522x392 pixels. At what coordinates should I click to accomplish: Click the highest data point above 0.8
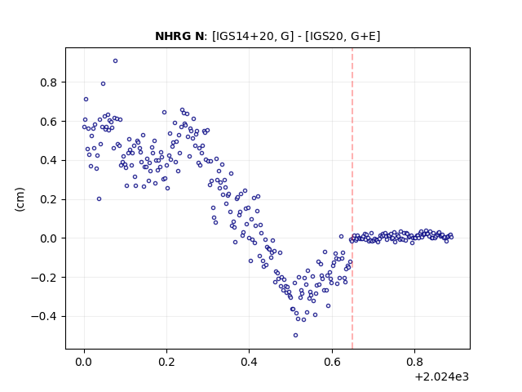coord(115,61)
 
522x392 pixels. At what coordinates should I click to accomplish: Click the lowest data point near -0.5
coord(295,336)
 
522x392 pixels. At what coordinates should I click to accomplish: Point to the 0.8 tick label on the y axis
coord(48,82)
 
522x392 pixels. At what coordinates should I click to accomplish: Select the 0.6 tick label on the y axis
coord(48,122)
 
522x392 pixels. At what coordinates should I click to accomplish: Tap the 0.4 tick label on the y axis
coord(48,160)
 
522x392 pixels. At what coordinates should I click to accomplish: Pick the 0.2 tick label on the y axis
coord(48,199)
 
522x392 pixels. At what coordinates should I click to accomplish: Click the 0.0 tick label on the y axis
coord(48,238)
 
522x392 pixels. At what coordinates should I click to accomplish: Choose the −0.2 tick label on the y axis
coord(44,278)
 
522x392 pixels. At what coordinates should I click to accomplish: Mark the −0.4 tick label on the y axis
coord(44,316)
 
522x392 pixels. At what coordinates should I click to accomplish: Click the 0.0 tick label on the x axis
coord(84,362)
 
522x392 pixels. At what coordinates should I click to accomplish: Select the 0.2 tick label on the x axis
coord(166,362)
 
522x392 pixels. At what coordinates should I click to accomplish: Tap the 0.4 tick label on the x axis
coord(249,362)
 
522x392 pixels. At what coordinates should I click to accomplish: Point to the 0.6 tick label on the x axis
coord(332,362)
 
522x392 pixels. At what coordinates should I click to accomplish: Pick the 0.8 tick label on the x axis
coord(414,362)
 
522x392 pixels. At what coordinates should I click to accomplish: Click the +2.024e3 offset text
coord(442,377)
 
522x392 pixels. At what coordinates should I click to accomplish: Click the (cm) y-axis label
coord(20,199)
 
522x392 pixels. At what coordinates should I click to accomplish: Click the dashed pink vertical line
coord(352,198)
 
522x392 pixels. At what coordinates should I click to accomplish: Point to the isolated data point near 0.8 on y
coord(104,83)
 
